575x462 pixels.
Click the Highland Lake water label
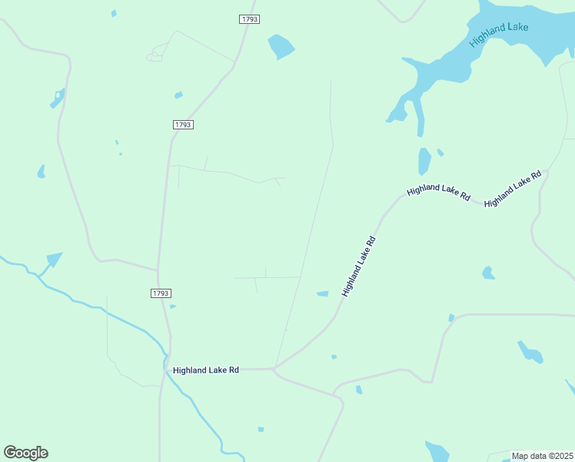pyautogui.click(x=499, y=34)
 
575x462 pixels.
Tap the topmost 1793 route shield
pyautogui.click(x=249, y=19)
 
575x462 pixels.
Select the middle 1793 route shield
pyautogui.click(x=182, y=124)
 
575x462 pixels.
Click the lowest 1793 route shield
pyautogui.click(x=160, y=293)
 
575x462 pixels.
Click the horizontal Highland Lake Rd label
pyautogui.click(x=206, y=370)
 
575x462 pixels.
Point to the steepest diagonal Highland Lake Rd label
pyautogui.click(x=359, y=266)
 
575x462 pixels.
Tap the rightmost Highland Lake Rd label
pyautogui.click(x=513, y=187)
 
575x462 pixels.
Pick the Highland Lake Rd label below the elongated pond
pyautogui.click(x=438, y=192)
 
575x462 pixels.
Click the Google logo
pyautogui.click(x=25, y=453)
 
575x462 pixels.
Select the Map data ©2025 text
pyautogui.click(x=542, y=456)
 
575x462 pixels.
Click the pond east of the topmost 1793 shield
pyautogui.click(x=281, y=46)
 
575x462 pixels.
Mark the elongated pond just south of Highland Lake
pyautogui.click(x=424, y=161)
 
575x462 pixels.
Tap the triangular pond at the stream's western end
pyautogui.click(x=54, y=259)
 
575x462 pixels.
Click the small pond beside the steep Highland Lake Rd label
pyautogui.click(x=323, y=293)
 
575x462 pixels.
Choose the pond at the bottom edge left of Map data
pyautogui.click(x=437, y=451)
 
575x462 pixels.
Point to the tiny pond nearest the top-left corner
pyautogui.click(x=114, y=13)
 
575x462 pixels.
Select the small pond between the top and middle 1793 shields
pyautogui.click(x=178, y=95)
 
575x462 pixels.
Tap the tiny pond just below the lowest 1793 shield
pyautogui.click(x=173, y=306)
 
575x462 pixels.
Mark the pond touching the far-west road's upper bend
pyautogui.click(x=58, y=99)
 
